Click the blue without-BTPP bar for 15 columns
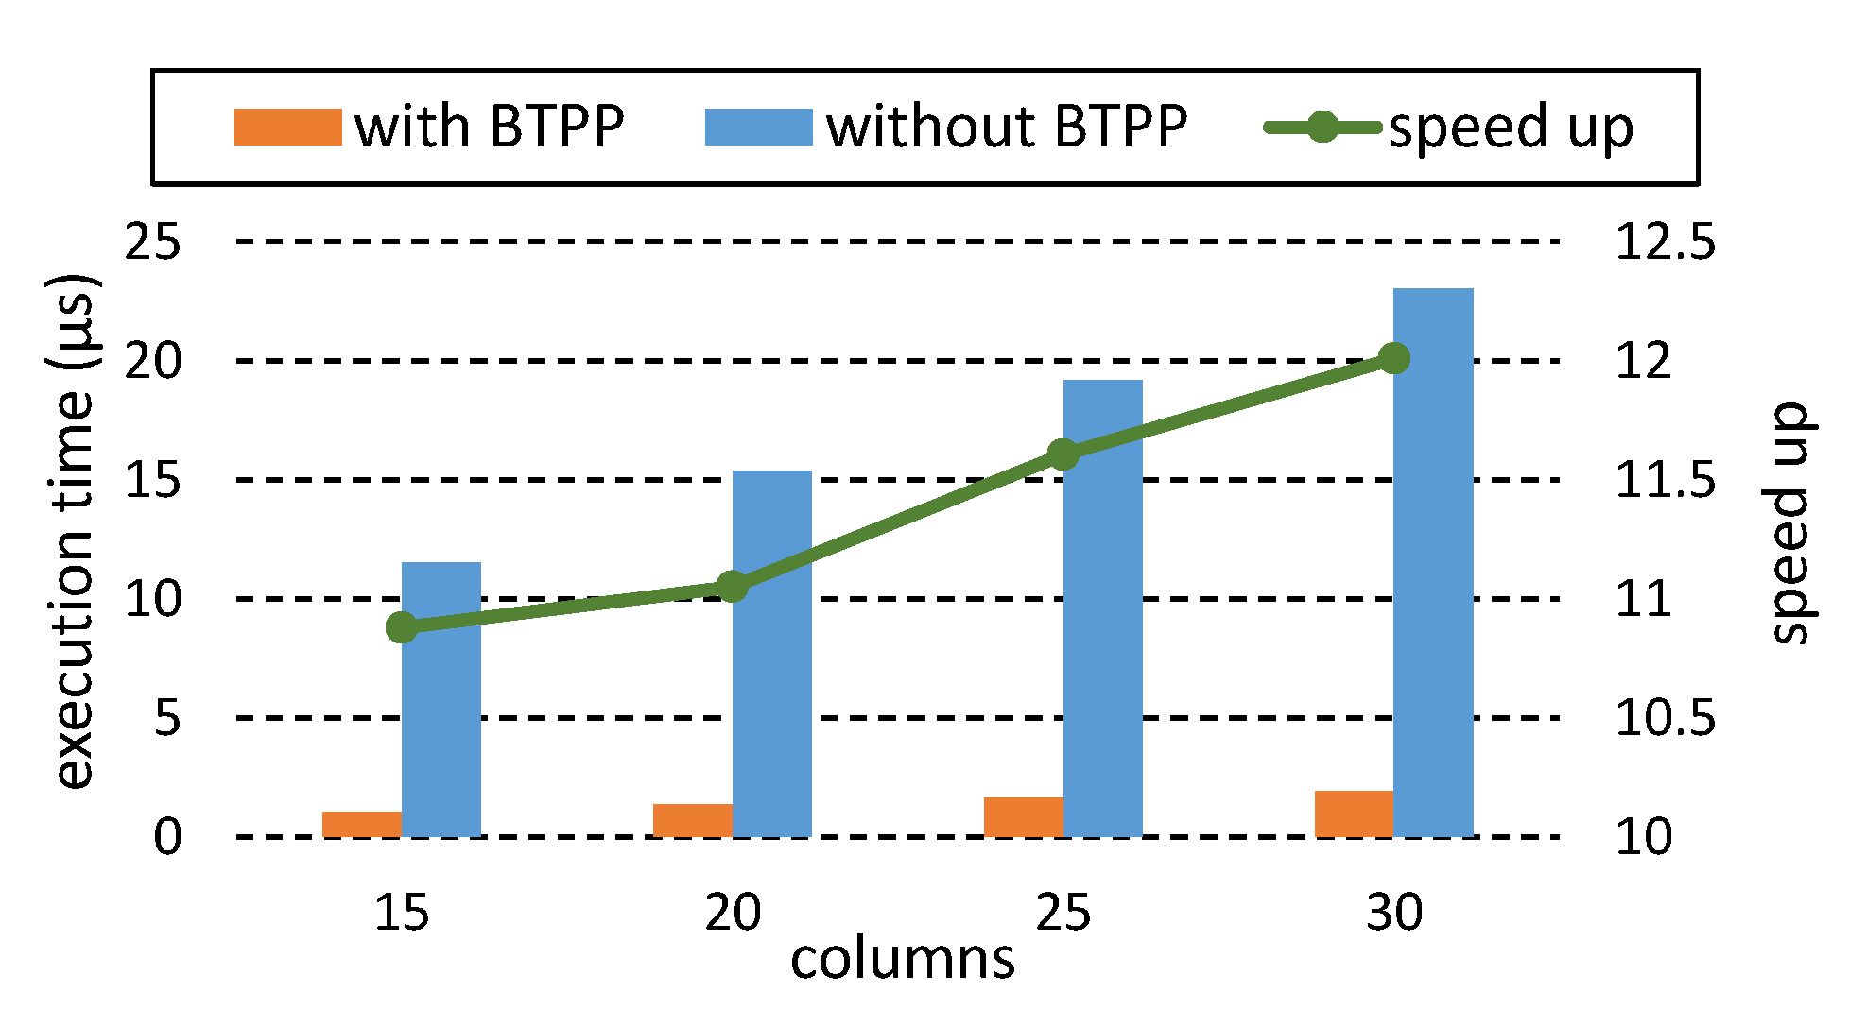coord(441,699)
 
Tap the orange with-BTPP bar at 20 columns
coord(693,820)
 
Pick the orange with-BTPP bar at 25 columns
coord(1024,817)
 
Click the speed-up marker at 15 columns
coord(402,627)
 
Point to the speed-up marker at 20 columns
coord(733,587)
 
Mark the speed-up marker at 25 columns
coord(1063,454)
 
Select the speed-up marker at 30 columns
coord(1394,358)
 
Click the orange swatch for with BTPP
coord(287,128)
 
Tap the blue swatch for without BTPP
coord(758,128)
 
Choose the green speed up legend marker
coord(1323,128)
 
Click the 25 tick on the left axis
coord(153,243)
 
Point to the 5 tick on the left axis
coord(167,718)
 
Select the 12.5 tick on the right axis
coord(1665,243)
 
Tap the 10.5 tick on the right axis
coord(1665,718)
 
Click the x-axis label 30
coord(1394,913)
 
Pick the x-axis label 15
coord(402,913)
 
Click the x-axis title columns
coord(903,960)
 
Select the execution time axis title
coord(74,531)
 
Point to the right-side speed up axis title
coord(1789,523)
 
